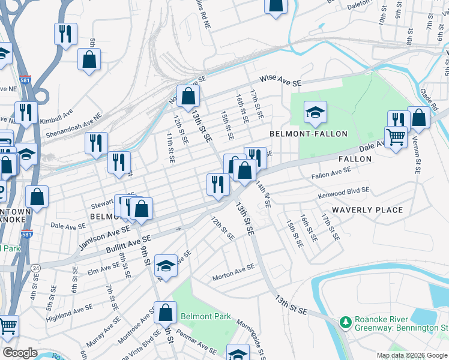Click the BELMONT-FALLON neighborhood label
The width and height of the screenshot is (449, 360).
(x=309, y=133)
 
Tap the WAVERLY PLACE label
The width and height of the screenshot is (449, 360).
(x=367, y=210)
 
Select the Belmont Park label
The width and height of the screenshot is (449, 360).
(x=206, y=316)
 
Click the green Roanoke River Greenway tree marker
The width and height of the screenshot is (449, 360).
(x=345, y=323)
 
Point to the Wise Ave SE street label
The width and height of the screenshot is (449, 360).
(x=280, y=80)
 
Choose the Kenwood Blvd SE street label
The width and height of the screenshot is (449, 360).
(x=344, y=192)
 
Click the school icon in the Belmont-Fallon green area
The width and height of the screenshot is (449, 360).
(x=315, y=112)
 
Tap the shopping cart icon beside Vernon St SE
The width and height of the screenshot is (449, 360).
(x=396, y=137)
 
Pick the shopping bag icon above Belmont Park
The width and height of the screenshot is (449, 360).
(x=165, y=312)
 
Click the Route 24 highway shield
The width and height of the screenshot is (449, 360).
(x=36, y=267)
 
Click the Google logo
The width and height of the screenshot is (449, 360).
(x=20, y=353)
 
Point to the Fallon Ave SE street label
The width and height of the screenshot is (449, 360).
(x=331, y=174)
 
